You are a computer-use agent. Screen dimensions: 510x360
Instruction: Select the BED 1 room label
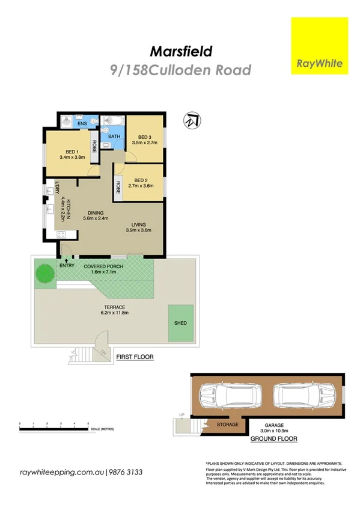click(69, 152)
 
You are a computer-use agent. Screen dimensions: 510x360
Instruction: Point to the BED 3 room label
click(144, 137)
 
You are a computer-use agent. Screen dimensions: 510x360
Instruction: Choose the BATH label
click(114, 137)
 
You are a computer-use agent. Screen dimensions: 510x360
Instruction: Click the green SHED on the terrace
click(180, 323)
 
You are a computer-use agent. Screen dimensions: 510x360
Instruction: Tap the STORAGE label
click(227, 425)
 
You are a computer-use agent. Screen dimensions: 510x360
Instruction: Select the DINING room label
click(96, 213)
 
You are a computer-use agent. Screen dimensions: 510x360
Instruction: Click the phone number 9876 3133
click(126, 473)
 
